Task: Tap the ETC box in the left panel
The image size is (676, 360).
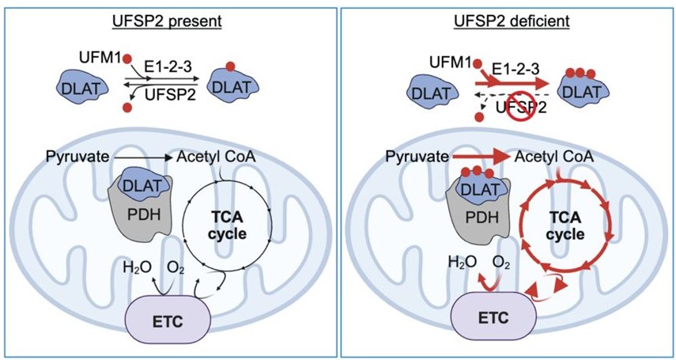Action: pyautogui.click(x=168, y=320)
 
